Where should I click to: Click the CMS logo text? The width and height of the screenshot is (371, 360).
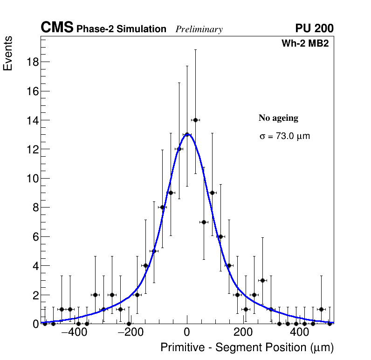(57, 28)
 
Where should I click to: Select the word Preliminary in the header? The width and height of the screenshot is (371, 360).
(199, 29)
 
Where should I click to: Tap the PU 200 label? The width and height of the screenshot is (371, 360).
(314, 28)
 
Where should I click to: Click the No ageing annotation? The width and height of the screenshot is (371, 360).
(278, 118)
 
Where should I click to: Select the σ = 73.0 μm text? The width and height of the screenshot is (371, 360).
(284, 136)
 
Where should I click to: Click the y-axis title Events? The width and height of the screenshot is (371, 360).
(8, 53)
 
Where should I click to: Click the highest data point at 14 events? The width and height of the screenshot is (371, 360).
(195, 120)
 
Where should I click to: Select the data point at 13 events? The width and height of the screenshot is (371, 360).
(187, 135)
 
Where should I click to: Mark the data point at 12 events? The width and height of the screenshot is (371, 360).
(179, 149)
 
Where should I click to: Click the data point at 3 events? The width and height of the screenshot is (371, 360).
(262, 280)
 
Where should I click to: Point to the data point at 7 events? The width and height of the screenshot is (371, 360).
(204, 222)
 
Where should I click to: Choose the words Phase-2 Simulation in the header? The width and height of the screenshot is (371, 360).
(121, 29)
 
